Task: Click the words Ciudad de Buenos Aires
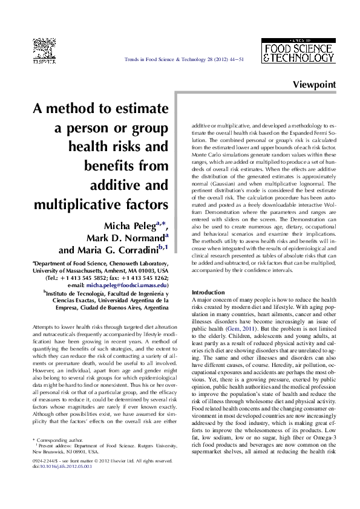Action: [125, 308]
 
